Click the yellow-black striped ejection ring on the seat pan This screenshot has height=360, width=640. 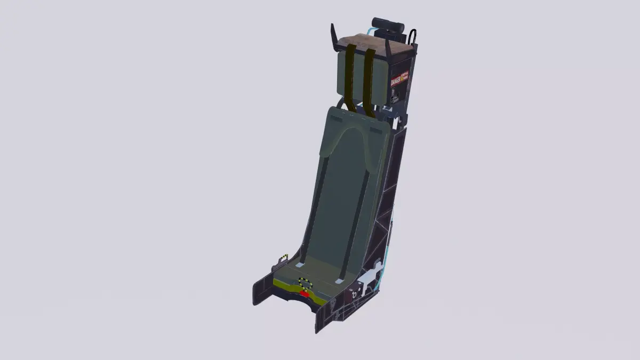pyautogui.click(x=305, y=283)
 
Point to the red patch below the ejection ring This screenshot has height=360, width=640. pyautogui.click(x=305, y=293)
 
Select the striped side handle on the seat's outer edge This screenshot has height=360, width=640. pyautogui.click(x=283, y=259)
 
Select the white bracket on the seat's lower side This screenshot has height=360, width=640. pyautogui.click(x=371, y=277)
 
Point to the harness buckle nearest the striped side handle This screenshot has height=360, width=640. pyautogui.click(x=300, y=265)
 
